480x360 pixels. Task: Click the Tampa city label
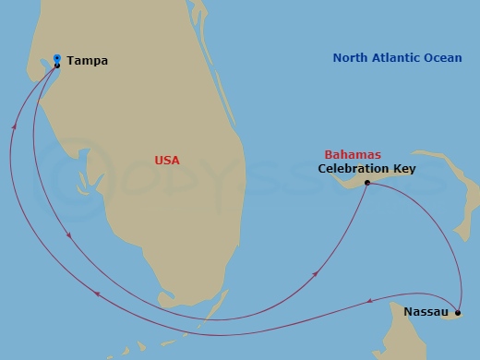pyautogui.click(x=88, y=61)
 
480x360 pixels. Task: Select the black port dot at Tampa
pyautogui.click(x=57, y=66)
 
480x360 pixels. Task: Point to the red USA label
pyautogui.click(x=167, y=161)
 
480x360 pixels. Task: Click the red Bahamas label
pyautogui.click(x=353, y=154)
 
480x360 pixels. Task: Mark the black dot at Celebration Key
pyautogui.click(x=367, y=183)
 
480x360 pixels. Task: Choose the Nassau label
pyautogui.click(x=426, y=313)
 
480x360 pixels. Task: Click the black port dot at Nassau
pyautogui.click(x=458, y=314)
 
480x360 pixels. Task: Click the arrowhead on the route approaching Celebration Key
pyautogui.click(x=318, y=273)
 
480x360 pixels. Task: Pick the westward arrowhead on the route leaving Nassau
pyautogui.click(x=369, y=300)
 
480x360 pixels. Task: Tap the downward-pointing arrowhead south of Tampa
pyautogui.click(x=70, y=238)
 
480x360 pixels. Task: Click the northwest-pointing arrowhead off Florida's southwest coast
pyautogui.click(x=97, y=294)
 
